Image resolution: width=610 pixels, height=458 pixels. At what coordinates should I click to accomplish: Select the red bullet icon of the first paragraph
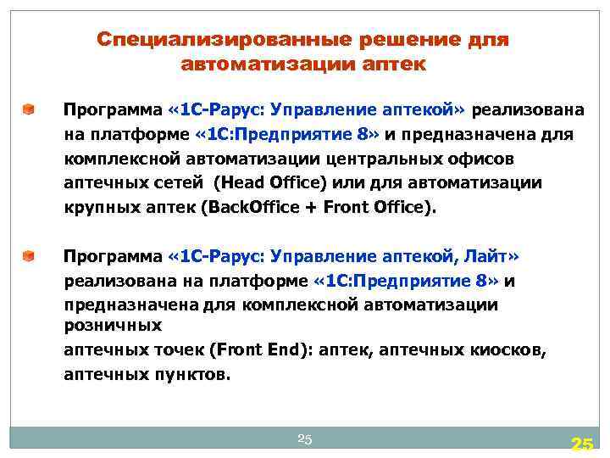click(x=29, y=109)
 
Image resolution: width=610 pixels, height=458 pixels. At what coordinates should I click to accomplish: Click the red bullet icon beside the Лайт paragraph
click(x=29, y=255)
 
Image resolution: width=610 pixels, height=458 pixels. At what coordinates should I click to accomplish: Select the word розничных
click(x=113, y=325)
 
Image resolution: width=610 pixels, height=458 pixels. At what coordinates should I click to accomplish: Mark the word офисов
click(x=488, y=159)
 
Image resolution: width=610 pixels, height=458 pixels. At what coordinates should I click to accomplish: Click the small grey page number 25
click(x=305, y=438)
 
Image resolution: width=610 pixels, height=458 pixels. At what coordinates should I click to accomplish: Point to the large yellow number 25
click(x=581, y=444)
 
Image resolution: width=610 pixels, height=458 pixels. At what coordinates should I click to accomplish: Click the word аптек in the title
click(x=400, y=64)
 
